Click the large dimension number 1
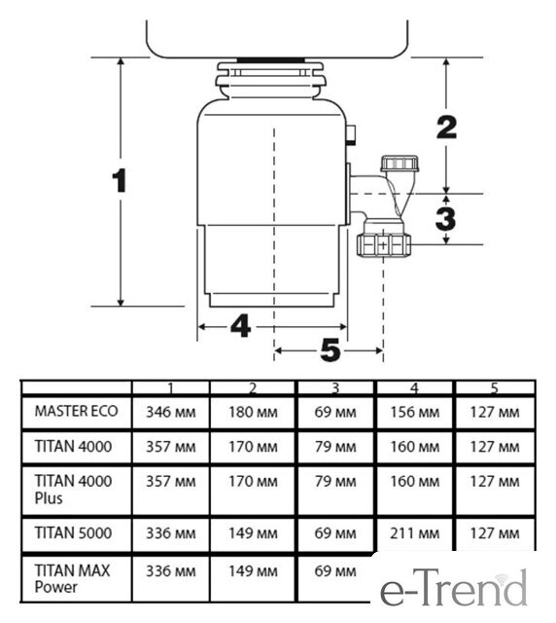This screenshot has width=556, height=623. [120, 181]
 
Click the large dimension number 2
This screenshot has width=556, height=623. [447, 128]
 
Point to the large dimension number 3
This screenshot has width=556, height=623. [445, 219]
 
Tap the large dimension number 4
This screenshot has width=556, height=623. [241, 326]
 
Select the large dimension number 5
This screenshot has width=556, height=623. [330, 350]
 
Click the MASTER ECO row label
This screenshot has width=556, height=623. [76, 411]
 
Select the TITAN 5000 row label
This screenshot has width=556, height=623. [73, 532]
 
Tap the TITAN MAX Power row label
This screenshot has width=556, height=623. [72, 579]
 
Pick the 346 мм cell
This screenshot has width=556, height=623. [171, 412]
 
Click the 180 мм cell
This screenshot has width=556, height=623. [253, 412]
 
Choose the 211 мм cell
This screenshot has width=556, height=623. [415, 533]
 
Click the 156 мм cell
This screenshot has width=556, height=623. [415, 412]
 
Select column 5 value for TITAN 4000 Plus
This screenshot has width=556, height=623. [495, 482]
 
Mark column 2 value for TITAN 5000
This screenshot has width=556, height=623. [253, 533]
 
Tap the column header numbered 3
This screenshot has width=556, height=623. [335, 388]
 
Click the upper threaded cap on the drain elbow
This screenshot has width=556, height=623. [400, 164]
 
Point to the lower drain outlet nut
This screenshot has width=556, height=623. [383, 245]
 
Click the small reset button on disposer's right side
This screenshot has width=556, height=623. [351, 135]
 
